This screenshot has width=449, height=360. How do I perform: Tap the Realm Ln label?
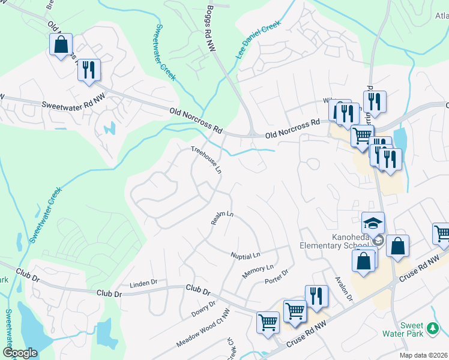[221, 218]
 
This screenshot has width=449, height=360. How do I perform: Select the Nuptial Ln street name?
[246, 256]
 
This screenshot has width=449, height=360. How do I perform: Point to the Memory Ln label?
[258, 271]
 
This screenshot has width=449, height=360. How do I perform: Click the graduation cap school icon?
[373, 224]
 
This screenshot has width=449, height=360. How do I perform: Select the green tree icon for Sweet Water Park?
[432, 329]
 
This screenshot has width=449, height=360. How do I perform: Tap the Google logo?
[20, 353]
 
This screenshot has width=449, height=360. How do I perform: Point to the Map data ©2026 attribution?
[424, 355]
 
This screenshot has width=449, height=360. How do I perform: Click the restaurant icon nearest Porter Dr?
[316, 296]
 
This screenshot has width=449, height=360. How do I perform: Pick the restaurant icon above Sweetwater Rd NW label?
[89, 70]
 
